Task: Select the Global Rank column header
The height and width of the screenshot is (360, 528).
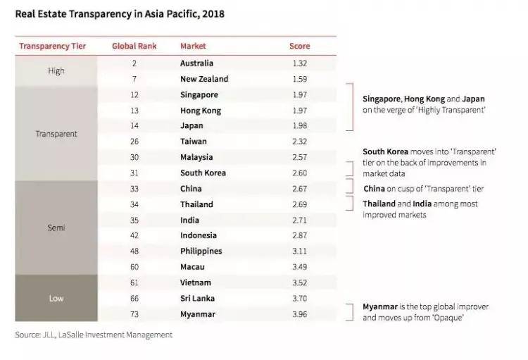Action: click(134, 46)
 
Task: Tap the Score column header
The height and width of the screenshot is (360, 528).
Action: click(299, 46)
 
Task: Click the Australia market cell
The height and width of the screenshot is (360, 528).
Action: click(196, 63)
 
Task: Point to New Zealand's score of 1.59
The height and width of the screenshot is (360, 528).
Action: click(299, 79)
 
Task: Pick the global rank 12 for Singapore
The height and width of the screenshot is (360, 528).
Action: click(134, 95)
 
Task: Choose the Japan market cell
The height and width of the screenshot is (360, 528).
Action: click(191, 126)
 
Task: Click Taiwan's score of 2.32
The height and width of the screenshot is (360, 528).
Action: click(299, 142)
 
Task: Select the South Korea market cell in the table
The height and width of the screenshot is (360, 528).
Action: click(201, 173)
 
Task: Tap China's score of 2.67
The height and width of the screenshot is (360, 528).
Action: click(299, 189)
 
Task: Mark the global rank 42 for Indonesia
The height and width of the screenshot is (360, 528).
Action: click(134, 235)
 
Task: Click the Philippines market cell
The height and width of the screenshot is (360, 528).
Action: click(201, 251)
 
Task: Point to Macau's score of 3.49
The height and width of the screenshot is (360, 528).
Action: click(299, 267)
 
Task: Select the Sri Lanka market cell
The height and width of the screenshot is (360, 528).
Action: click(197, 298)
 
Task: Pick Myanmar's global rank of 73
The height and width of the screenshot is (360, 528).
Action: click(134, 314)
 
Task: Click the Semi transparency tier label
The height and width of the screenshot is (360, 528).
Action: click(56, 228)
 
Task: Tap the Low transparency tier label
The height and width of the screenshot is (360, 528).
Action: click(56, 298)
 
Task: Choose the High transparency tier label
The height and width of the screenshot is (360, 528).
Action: click(56, 71)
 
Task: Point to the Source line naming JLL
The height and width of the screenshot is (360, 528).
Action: click(94, 335)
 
